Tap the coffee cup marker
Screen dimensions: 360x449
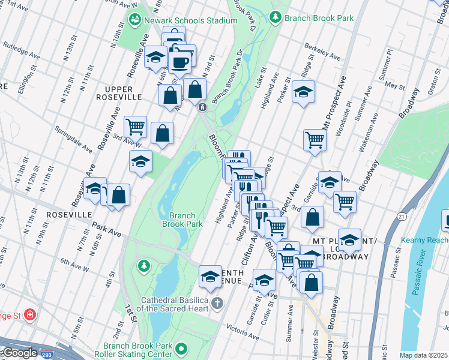pos(179,62)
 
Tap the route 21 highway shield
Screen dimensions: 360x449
pos(400,215)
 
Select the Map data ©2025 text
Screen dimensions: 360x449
pos(423,355)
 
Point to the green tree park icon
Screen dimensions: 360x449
pos(143,265)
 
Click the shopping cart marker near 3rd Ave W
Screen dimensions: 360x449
pos(136,127)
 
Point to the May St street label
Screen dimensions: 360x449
pos(394,86)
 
